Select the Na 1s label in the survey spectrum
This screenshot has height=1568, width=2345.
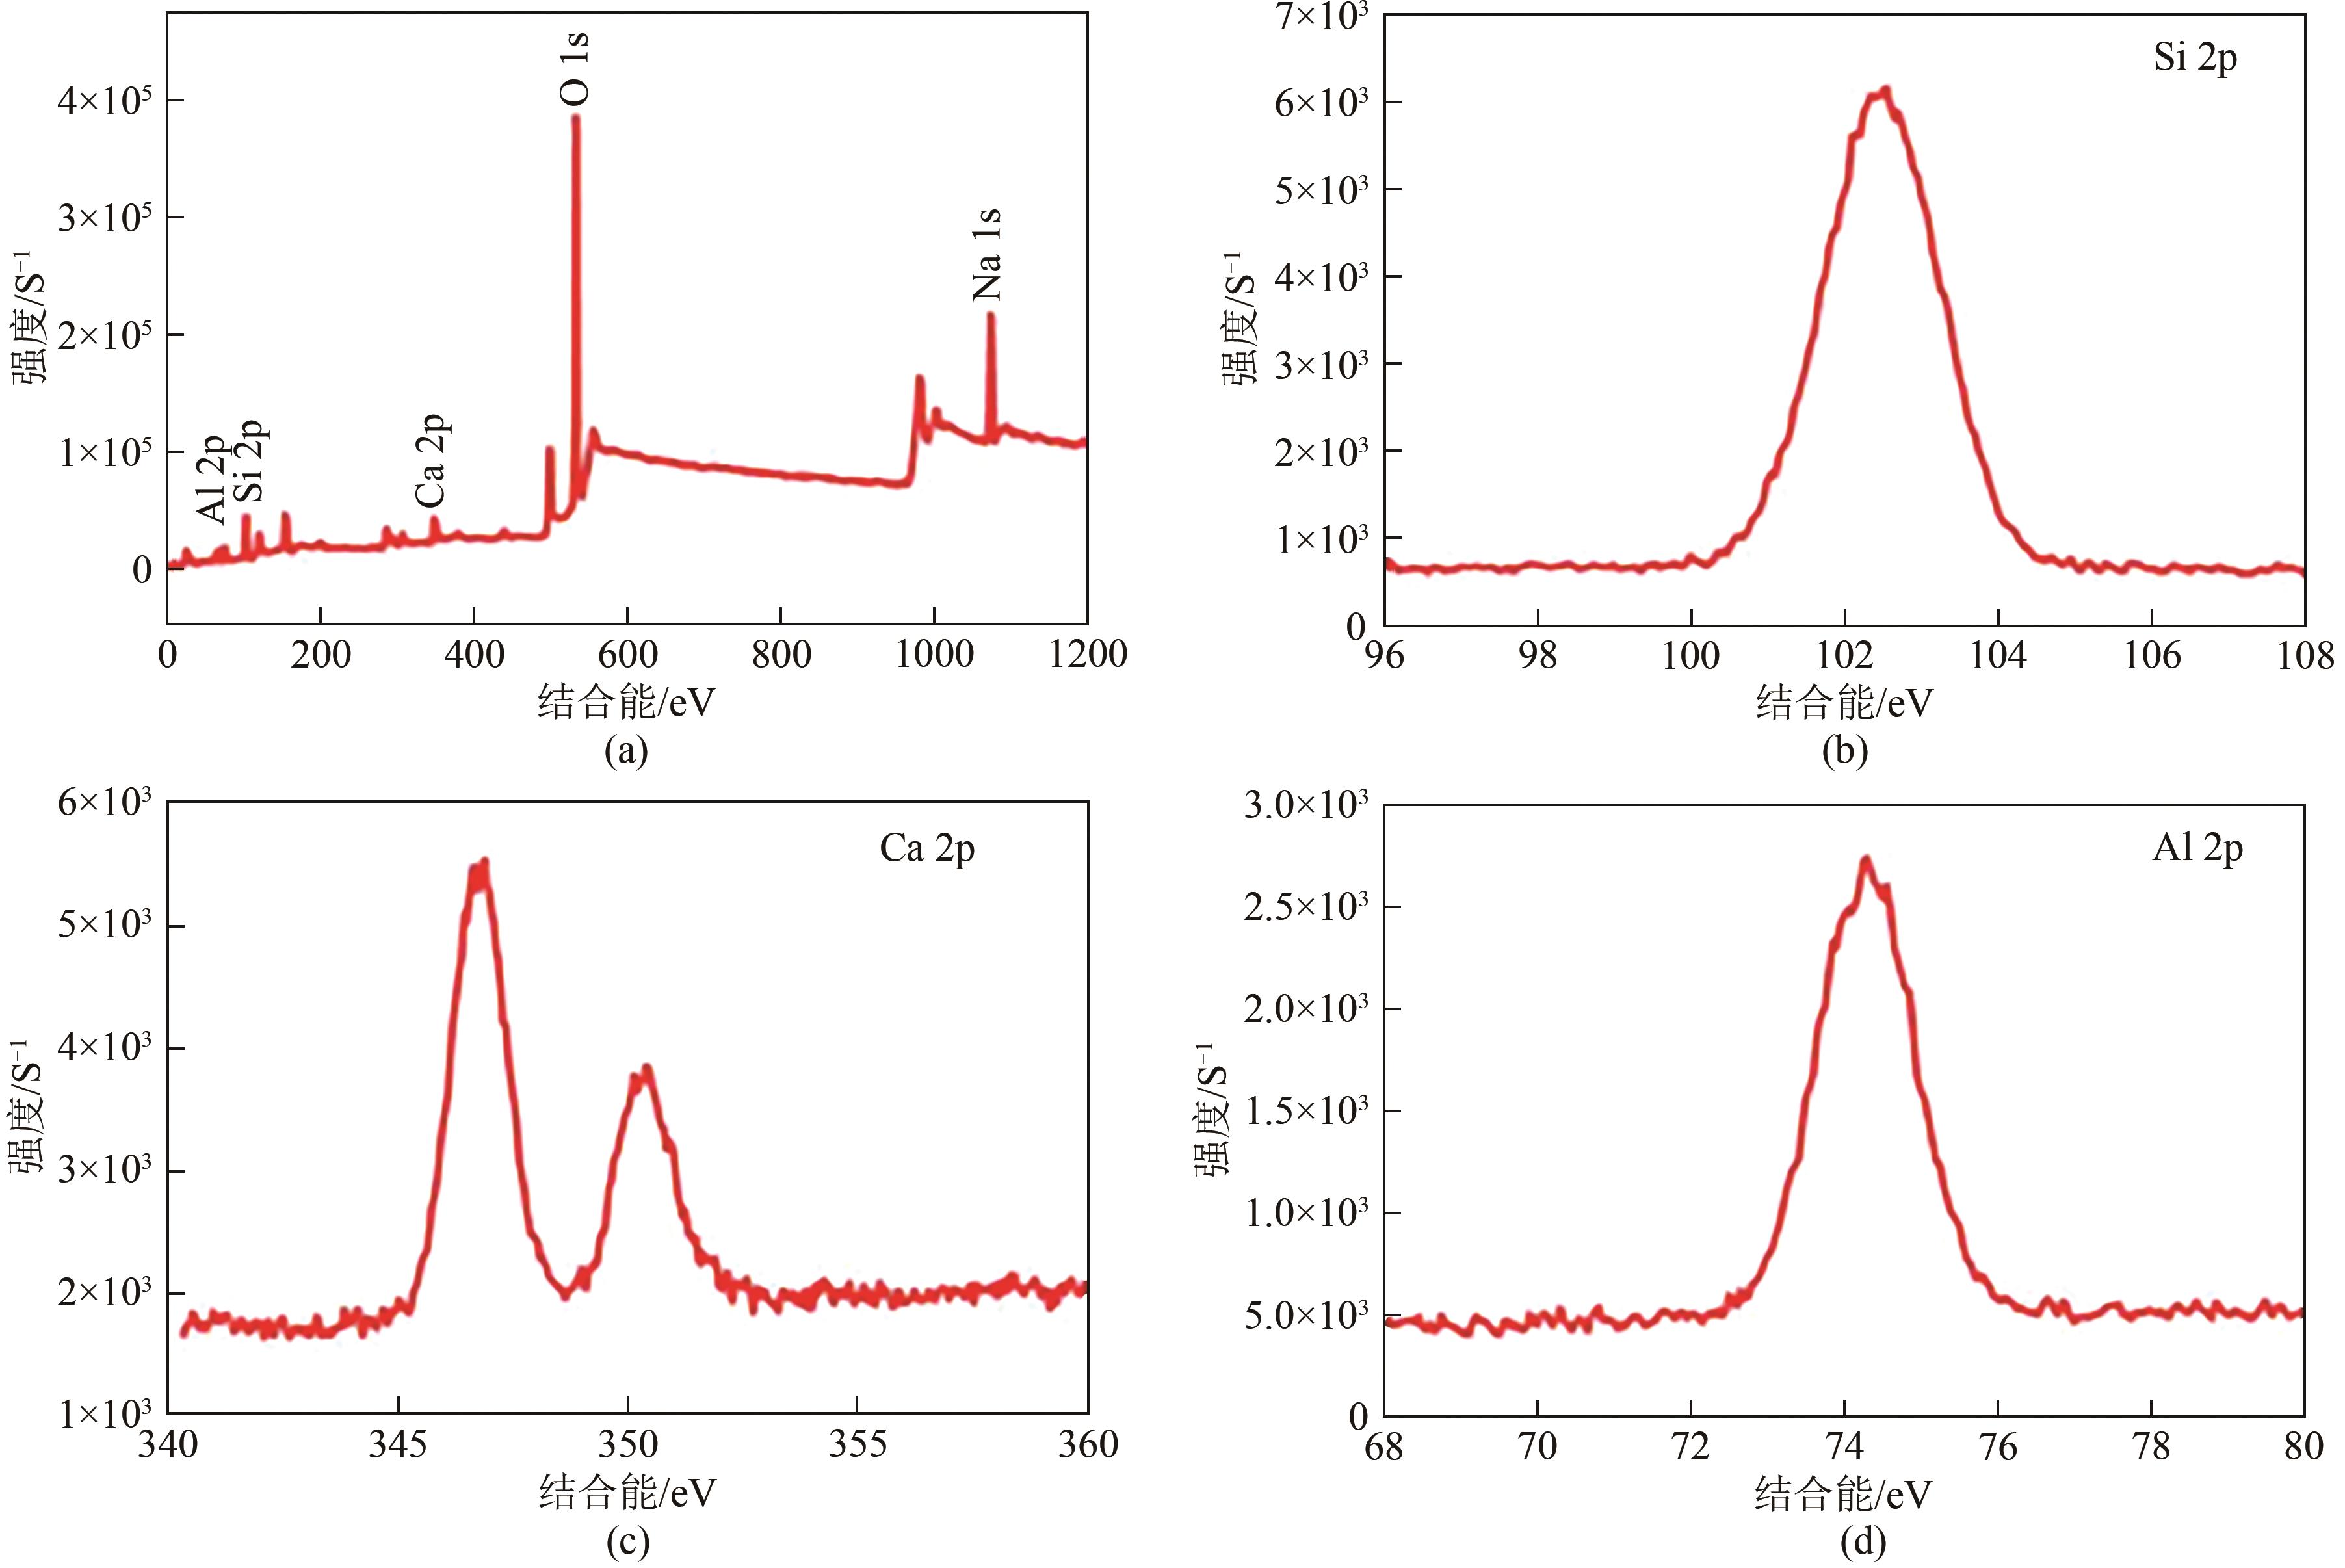pos(987,255)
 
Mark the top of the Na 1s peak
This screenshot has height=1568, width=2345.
pos(990,315)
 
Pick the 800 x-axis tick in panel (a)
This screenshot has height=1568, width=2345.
pos(781,655)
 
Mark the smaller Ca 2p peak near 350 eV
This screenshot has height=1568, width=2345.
pos(645,1069)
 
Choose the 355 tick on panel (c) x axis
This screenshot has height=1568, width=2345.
pos(857,1444)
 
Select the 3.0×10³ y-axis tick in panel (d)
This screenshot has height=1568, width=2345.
pos(1305,805)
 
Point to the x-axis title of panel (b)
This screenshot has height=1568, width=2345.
pos(1844,703)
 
